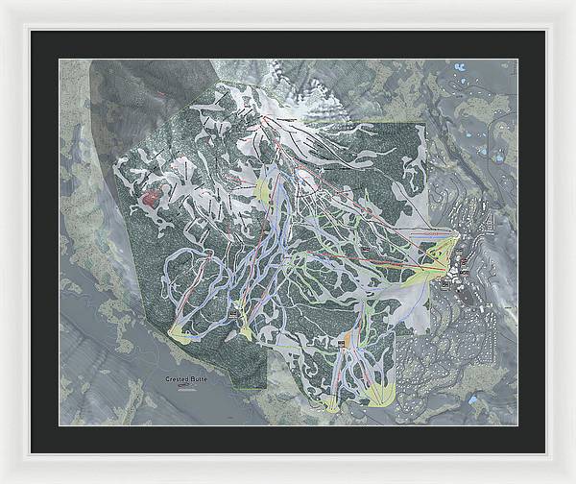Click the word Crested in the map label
pyautogui.click(x=176, y=380)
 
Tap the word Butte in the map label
pyautogui.click(x=198, y=380)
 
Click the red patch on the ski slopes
pyautogui.click(x=150, y=198)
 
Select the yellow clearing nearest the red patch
pyautogui.click(x=261, y=190)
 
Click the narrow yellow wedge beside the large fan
pyautogui.click(x=332, y=401)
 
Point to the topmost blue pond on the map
pyautogui.click(x=460, y=68)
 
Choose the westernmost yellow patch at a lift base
pyautogui.click(x=179, y=332)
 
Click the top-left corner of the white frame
pyautogui.click(x=3, y=3)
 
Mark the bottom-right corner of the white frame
pyautogui.click(x=572, y=480)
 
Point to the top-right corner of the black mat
pyautogui.click(x=544, y=32)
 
